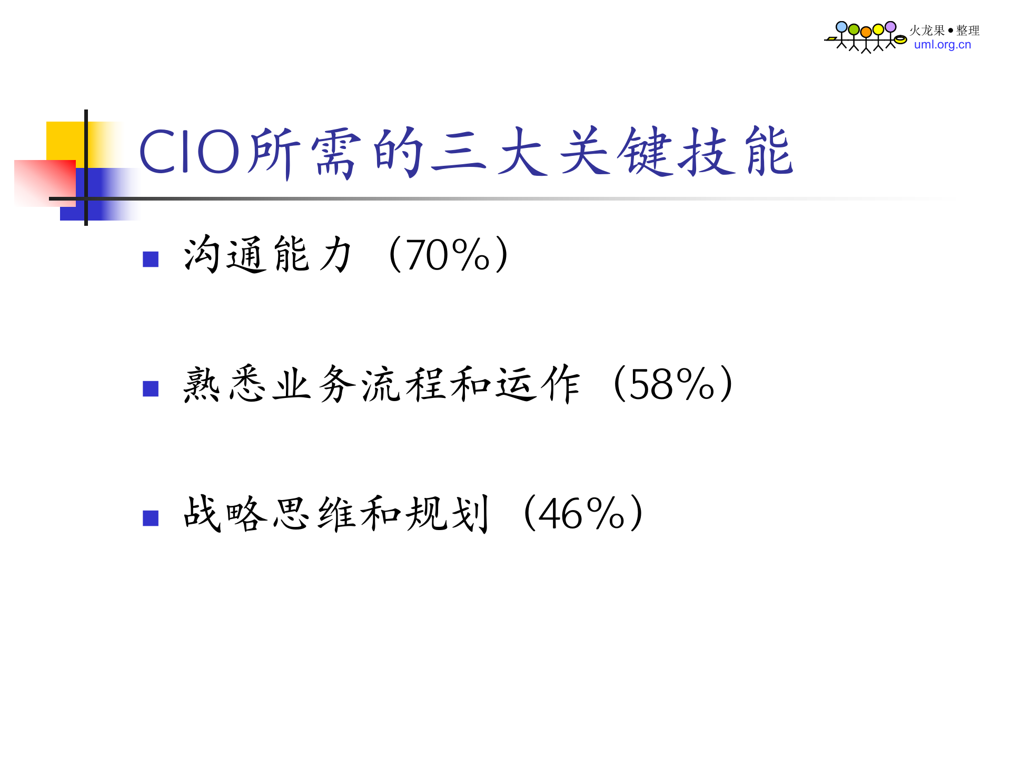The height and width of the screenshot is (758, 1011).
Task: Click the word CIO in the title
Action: (190, 153)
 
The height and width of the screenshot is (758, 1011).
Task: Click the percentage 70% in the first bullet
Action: (448, 255)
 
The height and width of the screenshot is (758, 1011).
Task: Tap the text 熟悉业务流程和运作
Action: (382, 385)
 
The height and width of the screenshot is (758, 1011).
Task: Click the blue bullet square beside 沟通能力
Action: (151, 259)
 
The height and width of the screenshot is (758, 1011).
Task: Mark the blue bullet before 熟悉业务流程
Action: (151, 388)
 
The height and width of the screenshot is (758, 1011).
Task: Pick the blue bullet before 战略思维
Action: (151, 518)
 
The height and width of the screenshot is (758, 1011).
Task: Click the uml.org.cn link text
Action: (942, 45)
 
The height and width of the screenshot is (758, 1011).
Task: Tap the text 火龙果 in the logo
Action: (927, 31)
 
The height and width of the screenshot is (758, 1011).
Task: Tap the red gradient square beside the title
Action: (44, 182)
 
